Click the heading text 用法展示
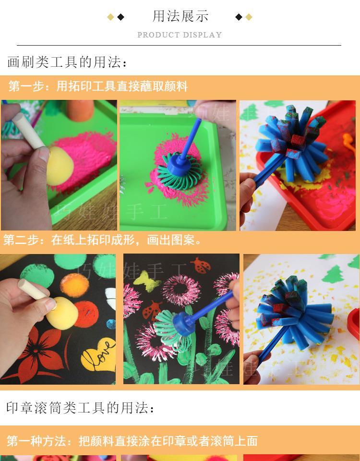[x=180, y=16]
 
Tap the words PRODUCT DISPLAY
[x=180, y=35]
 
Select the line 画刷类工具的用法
[x=67, y=62]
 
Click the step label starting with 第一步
[x=98, y=86]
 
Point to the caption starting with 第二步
[x=103, y=240]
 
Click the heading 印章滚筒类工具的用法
[x=81, y=408]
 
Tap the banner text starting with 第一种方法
[x=132, y=440]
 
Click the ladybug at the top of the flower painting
[x=199, y=265]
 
